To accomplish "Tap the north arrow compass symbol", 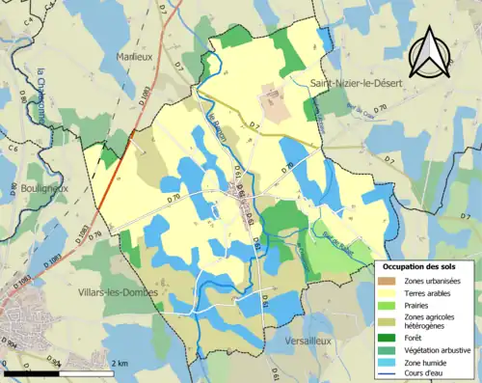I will [x=428, y=50].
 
